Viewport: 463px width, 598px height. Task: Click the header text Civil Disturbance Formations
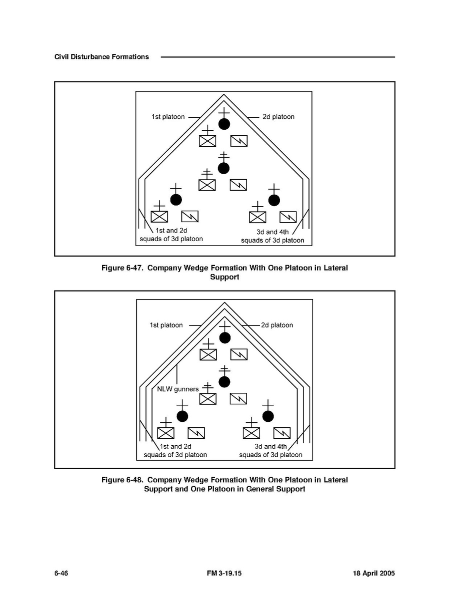pos(101,57)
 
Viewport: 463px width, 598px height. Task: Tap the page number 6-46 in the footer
pos(61,574)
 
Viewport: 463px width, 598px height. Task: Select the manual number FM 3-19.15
pos(224,574)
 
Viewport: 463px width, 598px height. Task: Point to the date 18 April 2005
pos(370,574)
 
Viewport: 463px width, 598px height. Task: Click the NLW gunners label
pos(178,389)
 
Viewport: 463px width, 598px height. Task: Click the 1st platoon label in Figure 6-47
pos(168,117)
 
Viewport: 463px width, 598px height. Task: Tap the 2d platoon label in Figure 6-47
pos(278,117)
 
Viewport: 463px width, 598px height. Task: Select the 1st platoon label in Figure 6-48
pos(166,325)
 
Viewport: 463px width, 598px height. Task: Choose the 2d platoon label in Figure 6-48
pos(277,325)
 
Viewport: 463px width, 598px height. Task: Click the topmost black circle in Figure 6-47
pos(224,124)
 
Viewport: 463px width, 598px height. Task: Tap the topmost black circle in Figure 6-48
pos(225,337)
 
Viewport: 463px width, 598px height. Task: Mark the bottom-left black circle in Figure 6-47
pos(175,200)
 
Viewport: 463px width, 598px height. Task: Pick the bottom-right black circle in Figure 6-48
pos(268,416)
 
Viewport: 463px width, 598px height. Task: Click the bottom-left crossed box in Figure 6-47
pos(159,217)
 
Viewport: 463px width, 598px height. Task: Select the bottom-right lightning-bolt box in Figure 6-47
pos(288,217)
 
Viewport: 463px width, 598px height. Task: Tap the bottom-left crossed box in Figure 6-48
pos(165,433)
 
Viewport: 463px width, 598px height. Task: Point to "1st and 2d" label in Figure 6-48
pos(175,446)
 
